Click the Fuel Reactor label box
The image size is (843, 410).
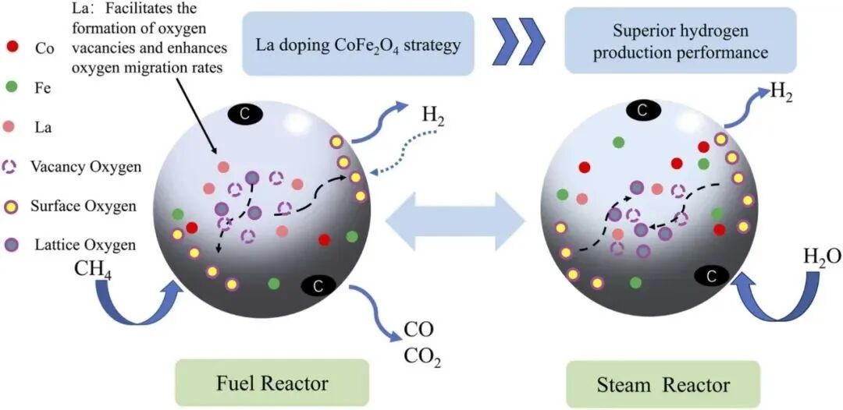(272, 383)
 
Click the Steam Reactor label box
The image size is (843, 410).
(663, 384)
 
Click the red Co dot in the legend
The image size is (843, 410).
(11, 48)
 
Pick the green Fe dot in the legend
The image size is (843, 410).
(11, 88)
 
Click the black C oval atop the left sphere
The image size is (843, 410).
(244, 114)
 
